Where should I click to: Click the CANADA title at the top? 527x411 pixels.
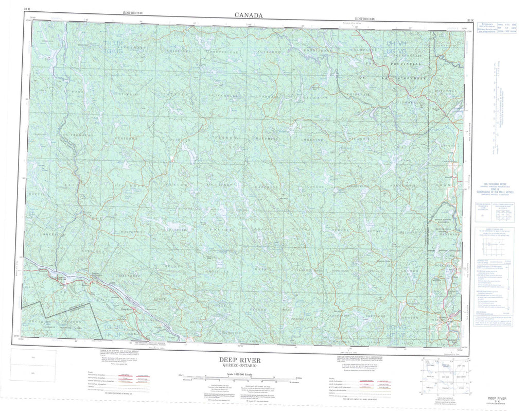click(x=249, y=15)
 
